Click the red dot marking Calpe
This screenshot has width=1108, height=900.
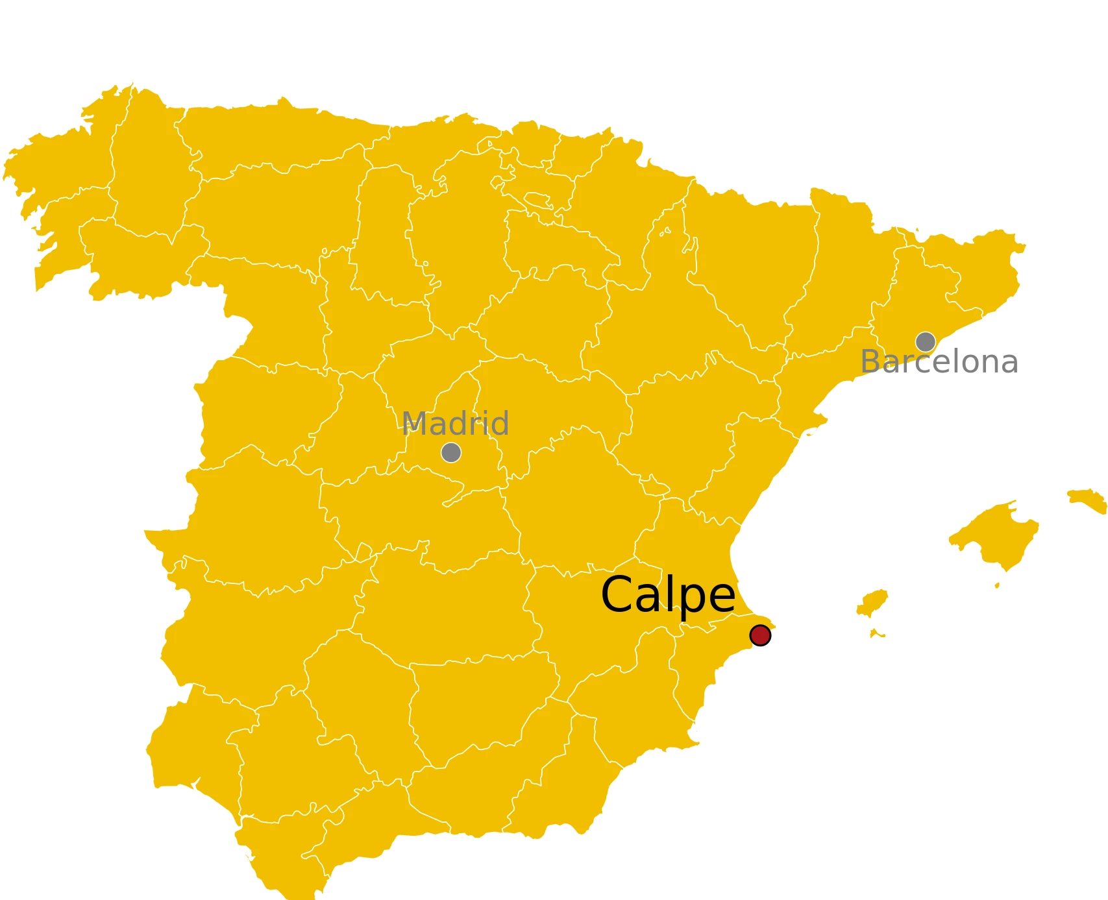pyautogui.click(x=759, y=635)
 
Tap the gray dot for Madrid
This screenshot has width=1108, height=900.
pyautogui.click(x=451, y=452)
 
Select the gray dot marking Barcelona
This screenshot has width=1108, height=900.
pyautogui.click(x=925, y=341)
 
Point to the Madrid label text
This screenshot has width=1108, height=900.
pyautogui.click(x=455, y=424)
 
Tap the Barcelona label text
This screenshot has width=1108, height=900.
pyautogui.click(x=938, y=362)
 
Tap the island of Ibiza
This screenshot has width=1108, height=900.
pyautogui.click(x=872, y=603)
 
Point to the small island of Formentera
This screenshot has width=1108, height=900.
pyautogui.click(x=877, y=633)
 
